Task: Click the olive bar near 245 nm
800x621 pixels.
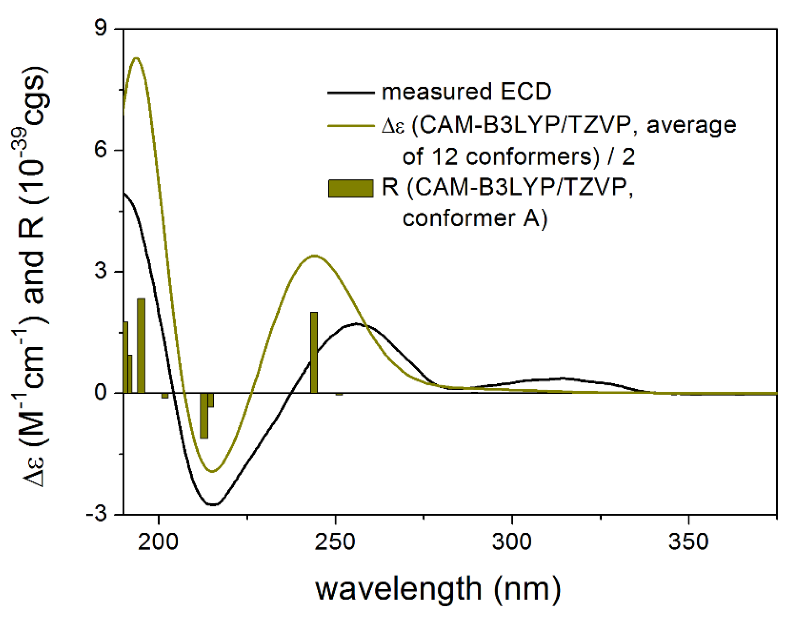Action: point(314,352)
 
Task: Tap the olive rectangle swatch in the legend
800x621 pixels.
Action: point(351,188)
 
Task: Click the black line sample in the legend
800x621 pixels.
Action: point(351,92)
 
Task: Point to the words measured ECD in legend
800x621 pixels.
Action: point(466,91)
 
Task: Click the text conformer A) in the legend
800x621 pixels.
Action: point(475,218)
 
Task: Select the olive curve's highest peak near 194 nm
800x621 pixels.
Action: point(136,58)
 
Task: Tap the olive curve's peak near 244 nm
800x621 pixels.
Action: point(314,256)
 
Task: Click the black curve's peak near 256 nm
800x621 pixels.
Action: point(357,324)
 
